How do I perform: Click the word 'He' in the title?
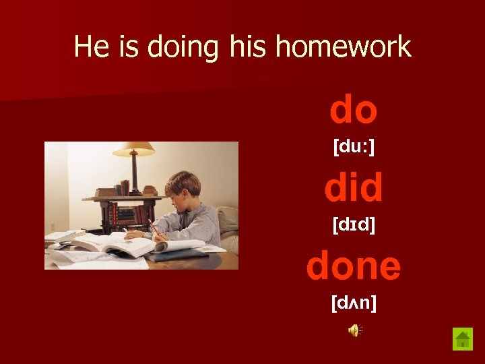[88, 47]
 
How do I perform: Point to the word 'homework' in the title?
[343, 47]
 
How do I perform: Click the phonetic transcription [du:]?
[354, 147]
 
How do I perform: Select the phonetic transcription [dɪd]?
[354, 224]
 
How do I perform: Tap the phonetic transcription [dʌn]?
[354, 304]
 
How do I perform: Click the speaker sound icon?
[354, 330]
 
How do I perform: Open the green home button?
[463, 338]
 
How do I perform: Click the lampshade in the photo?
[133, 149]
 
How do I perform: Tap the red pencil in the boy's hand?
[153, 226]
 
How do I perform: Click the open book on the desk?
[101, 244]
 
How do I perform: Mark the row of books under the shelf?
[125, 214]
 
